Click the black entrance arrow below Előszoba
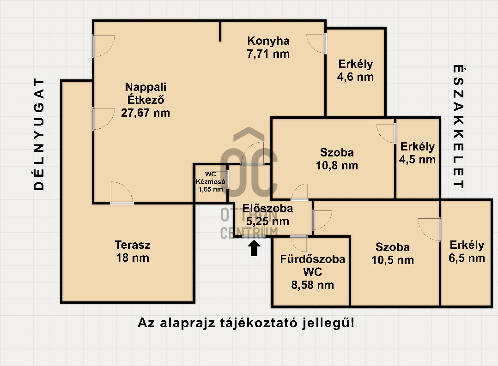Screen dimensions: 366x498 [254, 248]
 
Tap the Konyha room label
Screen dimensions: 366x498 [268, 41]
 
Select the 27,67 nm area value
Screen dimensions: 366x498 [145, 112]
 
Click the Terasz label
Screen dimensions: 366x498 [133, 245]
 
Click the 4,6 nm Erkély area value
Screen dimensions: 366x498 [355, 77]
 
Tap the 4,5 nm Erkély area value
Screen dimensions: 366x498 [417, 160]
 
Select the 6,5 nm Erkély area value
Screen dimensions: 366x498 [467, 258]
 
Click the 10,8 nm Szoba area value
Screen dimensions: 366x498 [337, 165]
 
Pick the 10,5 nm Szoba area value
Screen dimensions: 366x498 [392, 260]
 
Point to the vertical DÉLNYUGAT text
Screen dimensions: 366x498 [40, 134]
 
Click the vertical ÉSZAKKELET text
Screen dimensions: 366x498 [458, 127]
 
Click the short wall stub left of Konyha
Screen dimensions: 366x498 [220, 31]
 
